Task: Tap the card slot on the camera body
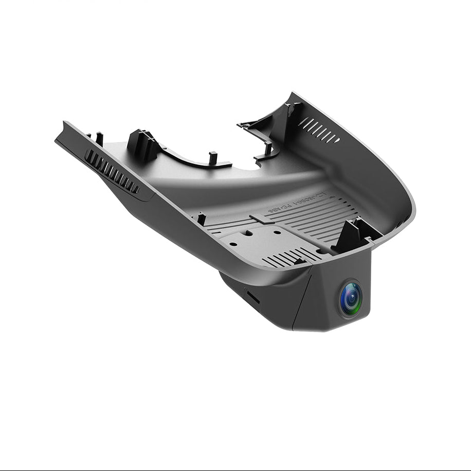[252, 297]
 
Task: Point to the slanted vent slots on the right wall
[318, 130]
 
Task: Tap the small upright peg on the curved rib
[213, 157]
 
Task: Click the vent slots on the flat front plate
[288, 257]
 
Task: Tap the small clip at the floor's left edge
[201, 219]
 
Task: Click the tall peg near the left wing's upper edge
[99, 138]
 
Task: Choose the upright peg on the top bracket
[268, 149]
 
